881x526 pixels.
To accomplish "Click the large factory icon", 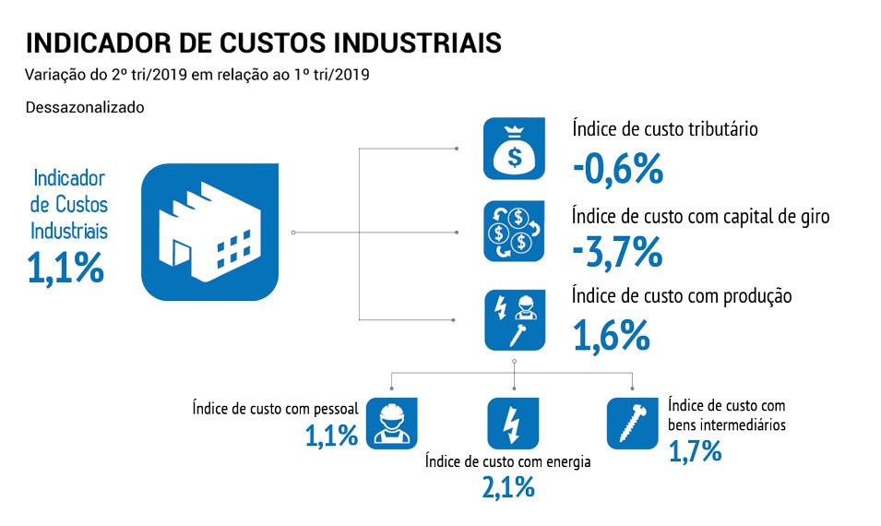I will pos(209,232).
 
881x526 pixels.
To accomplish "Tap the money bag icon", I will pos(514,149).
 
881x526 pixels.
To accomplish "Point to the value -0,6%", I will pos(617,168).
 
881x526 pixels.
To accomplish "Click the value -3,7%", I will pos(617,251).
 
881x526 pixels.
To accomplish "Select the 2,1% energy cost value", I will pos(508,486).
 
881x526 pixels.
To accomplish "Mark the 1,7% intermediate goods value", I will pos(695,451).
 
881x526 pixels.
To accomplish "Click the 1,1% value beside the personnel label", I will pos(331,434).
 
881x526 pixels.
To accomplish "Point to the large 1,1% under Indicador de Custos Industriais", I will pos(65,267).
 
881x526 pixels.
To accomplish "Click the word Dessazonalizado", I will pos(85,107).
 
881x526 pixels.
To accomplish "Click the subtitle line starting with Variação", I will pos(197,75).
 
